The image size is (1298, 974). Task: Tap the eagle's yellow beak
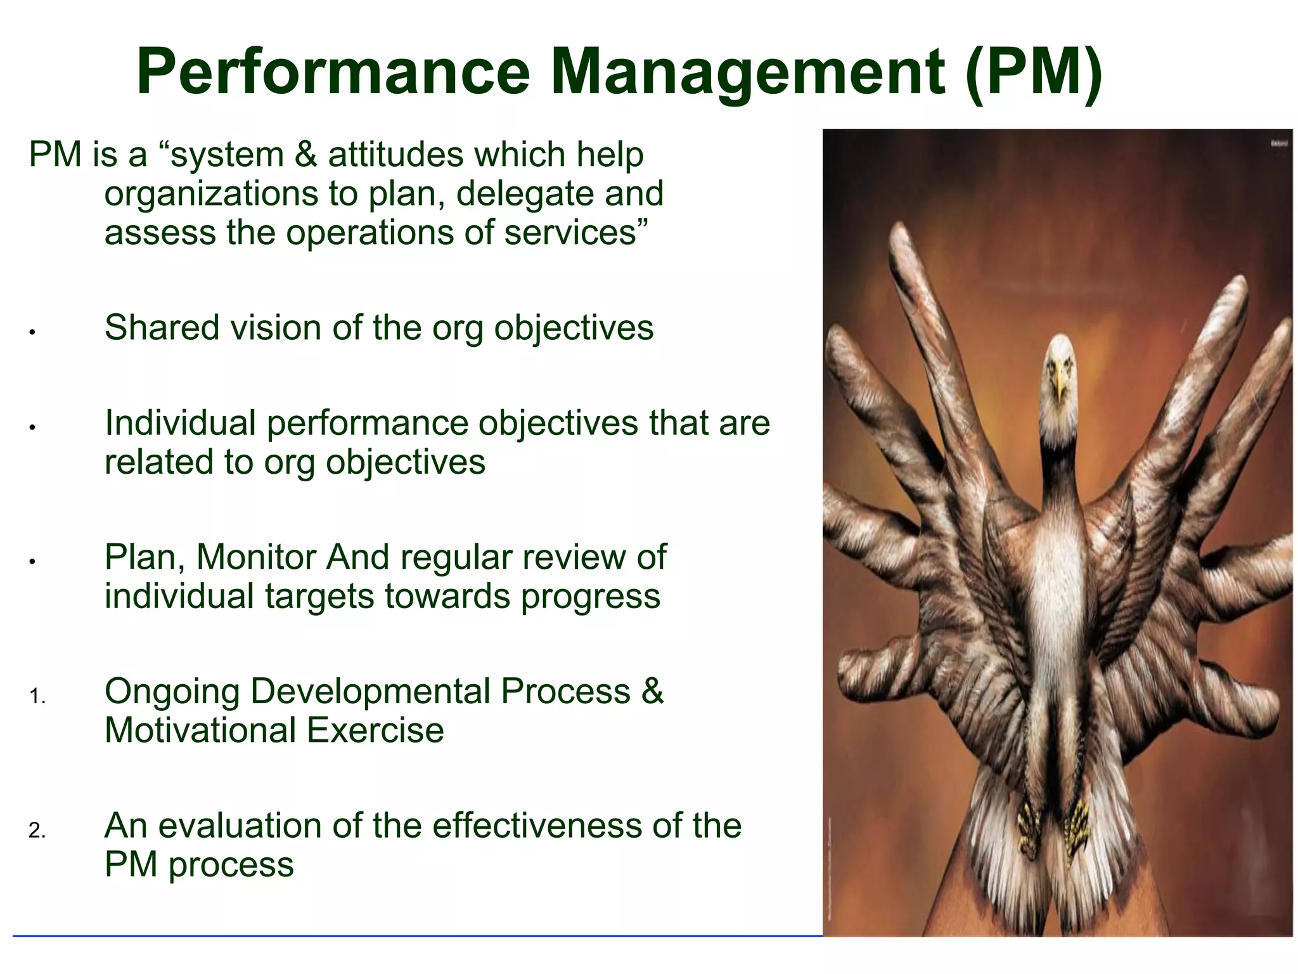tap(1060, 387)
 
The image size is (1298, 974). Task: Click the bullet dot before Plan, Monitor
tap(31, 561)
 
